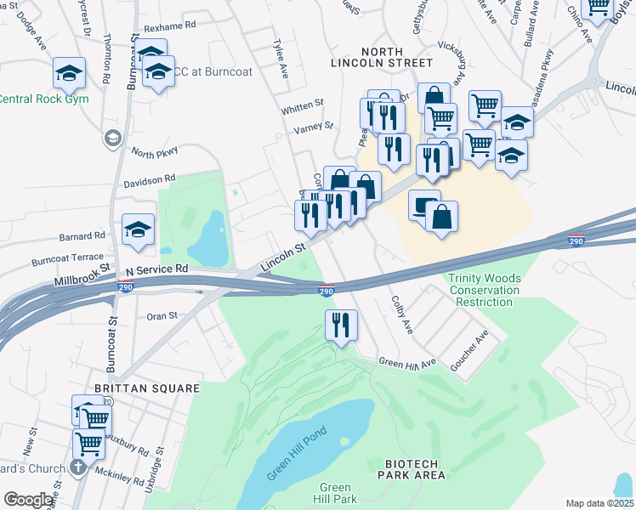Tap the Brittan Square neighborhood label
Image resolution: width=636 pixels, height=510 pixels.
click(x=146, y=388)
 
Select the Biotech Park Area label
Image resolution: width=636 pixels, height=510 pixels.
click(x=412, y=469)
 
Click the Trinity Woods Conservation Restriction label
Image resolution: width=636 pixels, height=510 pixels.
click(x=485, y=291)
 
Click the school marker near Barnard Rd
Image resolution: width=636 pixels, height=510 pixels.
click(x=138, y=229)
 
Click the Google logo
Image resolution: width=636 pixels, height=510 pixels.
click(x=28, y=500)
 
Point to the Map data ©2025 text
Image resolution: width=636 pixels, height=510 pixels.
click(x=599, y=503)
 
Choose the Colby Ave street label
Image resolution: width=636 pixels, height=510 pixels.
click(x=401, y=314)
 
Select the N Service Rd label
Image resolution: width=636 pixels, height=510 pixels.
click(x=156, y=269)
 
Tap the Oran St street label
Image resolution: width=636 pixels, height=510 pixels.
click(x=161, y=315)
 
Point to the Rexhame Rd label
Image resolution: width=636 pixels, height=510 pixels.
click(x=170, y=25)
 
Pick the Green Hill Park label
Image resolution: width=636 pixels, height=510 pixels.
click(x=336, y=493)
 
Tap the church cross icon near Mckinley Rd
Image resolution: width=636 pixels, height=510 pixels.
click(x=77, y=467)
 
